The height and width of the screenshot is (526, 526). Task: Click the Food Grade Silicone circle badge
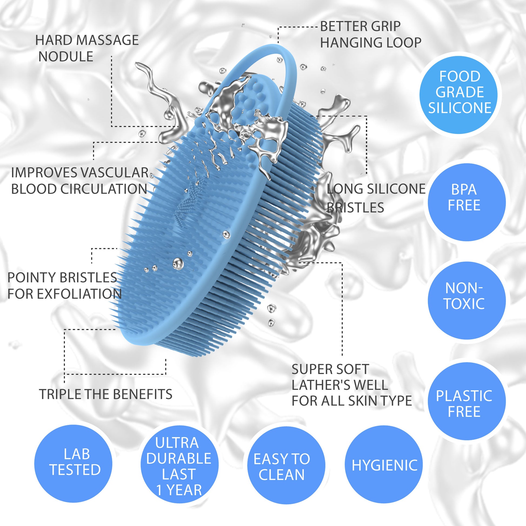pos(460,92)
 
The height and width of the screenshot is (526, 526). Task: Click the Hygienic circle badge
pos(384,465)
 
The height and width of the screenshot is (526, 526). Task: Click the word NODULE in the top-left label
pos(66,57)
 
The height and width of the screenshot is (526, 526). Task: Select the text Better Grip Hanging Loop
pos(370,35)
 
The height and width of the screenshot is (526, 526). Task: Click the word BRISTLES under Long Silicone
pos(355,208)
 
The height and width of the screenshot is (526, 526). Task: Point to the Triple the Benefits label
pos(106,394)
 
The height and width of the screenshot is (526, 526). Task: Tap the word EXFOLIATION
pos(79,294)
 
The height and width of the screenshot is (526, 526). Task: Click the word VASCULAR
pos(115,173)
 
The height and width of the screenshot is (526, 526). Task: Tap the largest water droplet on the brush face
pos(178,263)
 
